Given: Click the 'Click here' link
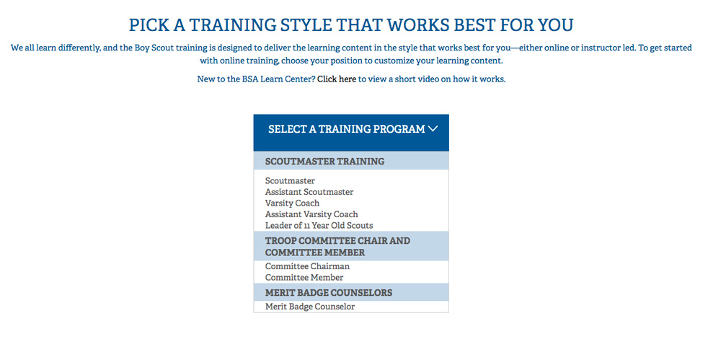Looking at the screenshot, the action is (337, 79).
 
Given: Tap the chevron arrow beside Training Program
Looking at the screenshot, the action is (433, 129).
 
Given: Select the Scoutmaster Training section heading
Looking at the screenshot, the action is (324, 162).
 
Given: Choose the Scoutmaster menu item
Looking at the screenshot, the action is (290, 180).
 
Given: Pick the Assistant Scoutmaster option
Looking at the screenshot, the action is (309, 191).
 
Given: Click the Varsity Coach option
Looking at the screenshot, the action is (292, 203).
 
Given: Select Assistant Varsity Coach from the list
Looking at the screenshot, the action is (311, 214).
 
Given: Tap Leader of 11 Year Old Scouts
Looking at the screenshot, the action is (319, 226).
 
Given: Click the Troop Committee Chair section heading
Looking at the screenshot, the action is (337, 246).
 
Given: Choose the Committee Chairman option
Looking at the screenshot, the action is (307, 266).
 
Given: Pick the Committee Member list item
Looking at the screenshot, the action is (304, 277).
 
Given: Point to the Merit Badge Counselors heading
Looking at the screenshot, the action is (329, 292).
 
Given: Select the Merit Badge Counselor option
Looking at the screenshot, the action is (310, 306).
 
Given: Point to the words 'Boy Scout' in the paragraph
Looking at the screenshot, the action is (151, 48).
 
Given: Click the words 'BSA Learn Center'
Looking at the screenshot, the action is (278, 79).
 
